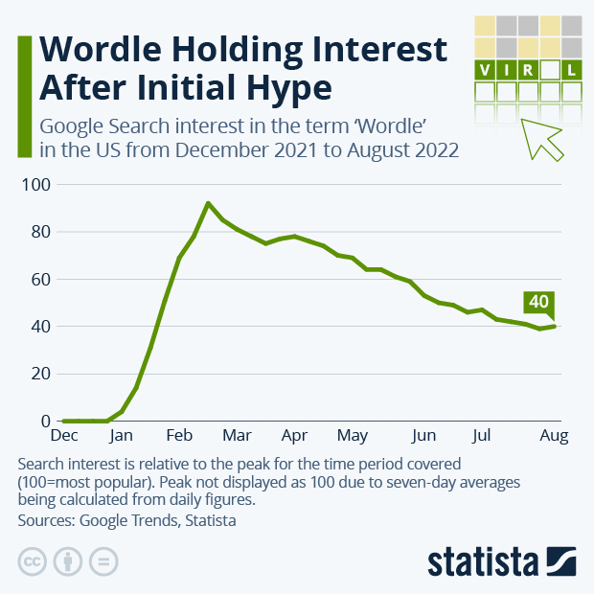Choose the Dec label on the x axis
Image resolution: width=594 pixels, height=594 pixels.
[x=64, y=437]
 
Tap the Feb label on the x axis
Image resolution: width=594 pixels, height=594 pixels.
[x=179, y=437]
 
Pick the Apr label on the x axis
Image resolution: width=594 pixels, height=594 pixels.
[x=294, y=437]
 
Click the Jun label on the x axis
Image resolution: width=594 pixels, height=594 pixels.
[x=423, y=437]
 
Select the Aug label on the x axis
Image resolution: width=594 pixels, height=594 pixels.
[x=554, y=437]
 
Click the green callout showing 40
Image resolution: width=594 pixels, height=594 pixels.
[x=538, y=302]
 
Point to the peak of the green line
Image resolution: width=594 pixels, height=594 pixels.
[x=208, y=203]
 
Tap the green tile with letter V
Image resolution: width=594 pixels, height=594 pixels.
[x=485, y=70]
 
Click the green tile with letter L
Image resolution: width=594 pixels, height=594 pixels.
[x=572, y=70]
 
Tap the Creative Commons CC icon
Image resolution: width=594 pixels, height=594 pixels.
[x=32, y=561]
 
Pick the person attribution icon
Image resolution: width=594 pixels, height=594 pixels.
[x=68, y=561]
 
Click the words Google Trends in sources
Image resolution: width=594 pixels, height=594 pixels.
[x=125, y=520]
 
